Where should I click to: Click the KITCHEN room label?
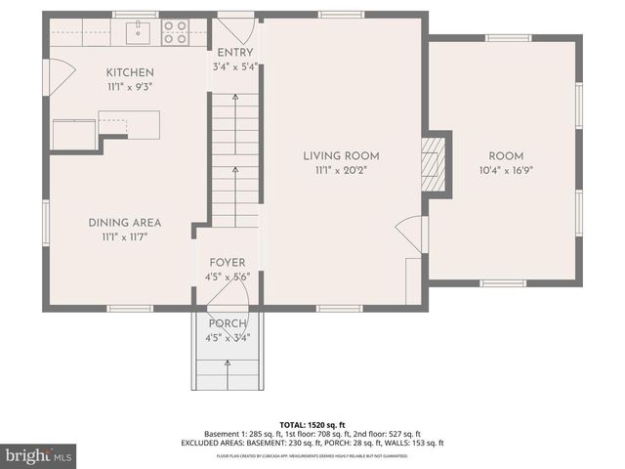click(x=130, y=72)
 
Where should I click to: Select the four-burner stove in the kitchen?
click(x=175, y=32)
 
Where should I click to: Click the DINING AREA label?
click(x=124, y=222)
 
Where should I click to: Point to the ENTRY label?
click(x=235, y=53)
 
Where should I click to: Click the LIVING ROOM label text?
click(x=341, y=155)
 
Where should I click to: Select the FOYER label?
click(x=227, y=263)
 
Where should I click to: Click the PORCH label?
click(x=227, y=324)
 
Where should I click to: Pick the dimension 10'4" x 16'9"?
click(x=506, y=170)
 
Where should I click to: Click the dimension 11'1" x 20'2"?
click(x=341, y=170)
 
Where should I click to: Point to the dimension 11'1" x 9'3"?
click(x=130, y=86)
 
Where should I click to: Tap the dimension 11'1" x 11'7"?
click(x=124, y=235)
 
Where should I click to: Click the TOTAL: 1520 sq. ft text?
click(x=312, y=425)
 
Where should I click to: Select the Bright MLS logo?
click(x=39, y=455)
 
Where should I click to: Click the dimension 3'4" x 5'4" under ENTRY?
click(x=235, y=66)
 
